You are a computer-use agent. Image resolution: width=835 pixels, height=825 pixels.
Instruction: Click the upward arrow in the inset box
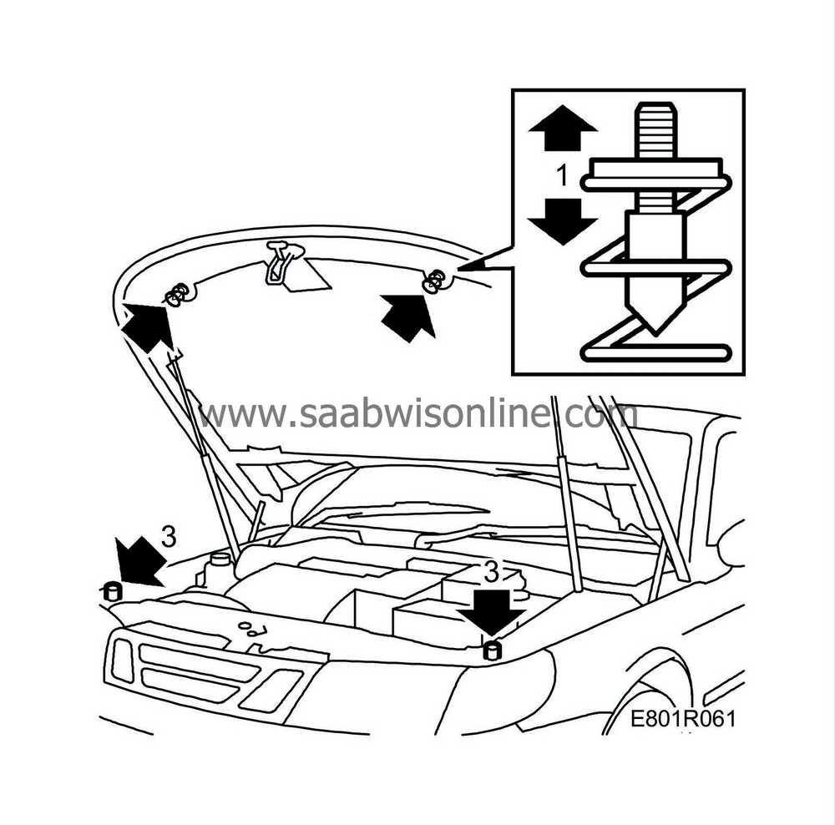click(x=562, y=127)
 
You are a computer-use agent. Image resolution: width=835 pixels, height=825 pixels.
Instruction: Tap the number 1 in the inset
click(x=562, y=175)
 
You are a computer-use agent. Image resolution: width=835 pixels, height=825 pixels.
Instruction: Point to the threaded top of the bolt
click(x=655, y=130)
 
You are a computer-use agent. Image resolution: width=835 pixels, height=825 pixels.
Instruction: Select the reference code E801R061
click(x=683, y=718)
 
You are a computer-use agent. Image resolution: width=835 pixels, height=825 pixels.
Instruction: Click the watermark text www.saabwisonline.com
click(x=417, y=414)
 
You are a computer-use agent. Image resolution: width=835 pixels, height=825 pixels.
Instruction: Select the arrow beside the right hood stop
click(x=408, y=317)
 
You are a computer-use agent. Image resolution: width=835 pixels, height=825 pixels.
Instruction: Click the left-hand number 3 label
click(x=169, y=537)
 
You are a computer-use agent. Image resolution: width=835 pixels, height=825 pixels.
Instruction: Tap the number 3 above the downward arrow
click(x=492, y=572)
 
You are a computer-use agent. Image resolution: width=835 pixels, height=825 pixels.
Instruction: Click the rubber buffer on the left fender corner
click(x=113, y=591)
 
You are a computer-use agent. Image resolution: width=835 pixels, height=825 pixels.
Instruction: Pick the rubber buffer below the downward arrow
click(x=492, y=650)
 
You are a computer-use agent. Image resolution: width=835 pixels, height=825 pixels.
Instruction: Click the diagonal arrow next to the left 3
click(x=140, y=561)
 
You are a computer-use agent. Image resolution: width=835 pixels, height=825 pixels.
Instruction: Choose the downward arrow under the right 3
click(x=491, y=611)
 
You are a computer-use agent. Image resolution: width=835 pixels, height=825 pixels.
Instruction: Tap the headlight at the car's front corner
click(x=123, y=661)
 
